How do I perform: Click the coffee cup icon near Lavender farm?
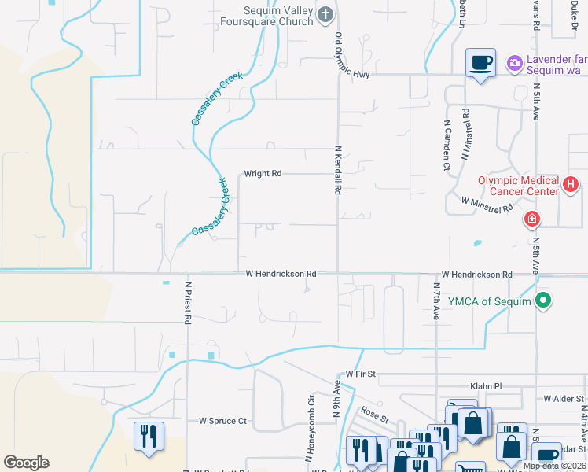coord(480,62)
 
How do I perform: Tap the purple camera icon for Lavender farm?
coord(515,62)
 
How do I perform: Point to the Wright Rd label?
coord(263,174)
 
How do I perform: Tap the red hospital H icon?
coord(571,186)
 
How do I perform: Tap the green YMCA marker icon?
coord(542,301)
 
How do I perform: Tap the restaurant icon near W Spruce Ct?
coord(148,437)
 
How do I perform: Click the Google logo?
coord(26,463)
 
